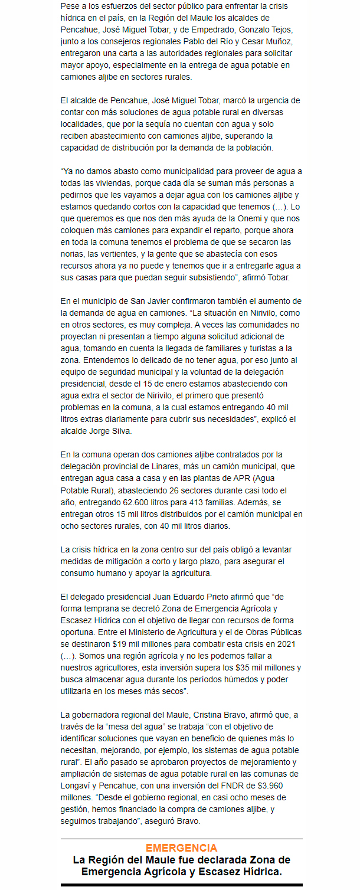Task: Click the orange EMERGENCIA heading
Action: pos(181,848)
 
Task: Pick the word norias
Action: pos(73,254)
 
